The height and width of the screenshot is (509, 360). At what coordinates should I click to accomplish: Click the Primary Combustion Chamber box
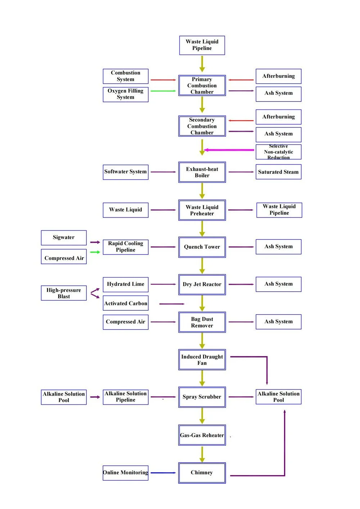[202, 85]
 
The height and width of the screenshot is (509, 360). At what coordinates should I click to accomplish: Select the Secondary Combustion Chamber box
[202, 126]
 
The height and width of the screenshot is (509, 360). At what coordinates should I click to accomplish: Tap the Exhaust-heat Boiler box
[202, 172]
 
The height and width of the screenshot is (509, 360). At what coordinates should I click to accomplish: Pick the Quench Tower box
[202, 247]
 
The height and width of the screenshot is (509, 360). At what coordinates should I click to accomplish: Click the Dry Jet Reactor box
[202, 284]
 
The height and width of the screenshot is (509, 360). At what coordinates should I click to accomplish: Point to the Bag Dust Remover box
[202, 322]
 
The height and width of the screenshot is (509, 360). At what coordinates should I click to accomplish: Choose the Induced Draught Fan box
[202, 360]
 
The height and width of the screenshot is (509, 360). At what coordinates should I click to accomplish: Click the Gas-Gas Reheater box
[202, 435]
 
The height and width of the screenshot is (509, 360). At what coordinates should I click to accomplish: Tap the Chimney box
[202, 473]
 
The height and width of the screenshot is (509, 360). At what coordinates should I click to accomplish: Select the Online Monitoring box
[125, 473]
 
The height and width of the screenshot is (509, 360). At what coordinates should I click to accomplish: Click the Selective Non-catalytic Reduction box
[278, 152]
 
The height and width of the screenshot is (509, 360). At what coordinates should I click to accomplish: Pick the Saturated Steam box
[278, 172]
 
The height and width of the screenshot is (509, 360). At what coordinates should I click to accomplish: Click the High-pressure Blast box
[64, 293]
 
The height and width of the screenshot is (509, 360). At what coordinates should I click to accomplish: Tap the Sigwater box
[64, 238]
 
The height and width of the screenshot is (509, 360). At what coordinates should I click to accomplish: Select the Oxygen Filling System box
[125, 95]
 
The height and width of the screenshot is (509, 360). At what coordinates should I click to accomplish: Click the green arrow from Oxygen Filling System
[163, 91]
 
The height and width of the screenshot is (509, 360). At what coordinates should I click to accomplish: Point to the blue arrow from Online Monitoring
[163, 473]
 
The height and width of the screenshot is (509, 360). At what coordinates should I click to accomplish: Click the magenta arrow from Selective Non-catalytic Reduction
[229, 150]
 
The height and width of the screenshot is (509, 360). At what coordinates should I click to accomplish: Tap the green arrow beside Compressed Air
[95, 252]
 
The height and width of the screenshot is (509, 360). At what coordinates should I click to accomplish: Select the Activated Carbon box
[125, 303]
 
